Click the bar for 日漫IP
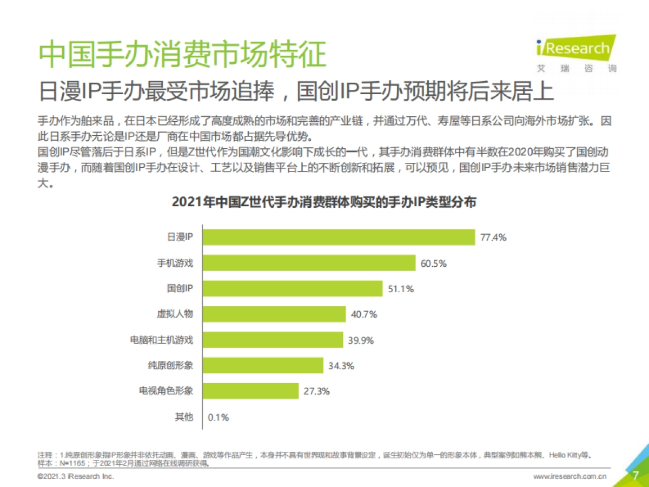click(339, 237)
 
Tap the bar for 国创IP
click(293, 288)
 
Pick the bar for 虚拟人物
click(274, 314)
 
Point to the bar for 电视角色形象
click(251, 391)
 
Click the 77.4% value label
click(493, 238)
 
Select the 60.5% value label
click(434, 264)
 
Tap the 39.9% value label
click(360, 340)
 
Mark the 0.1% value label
click(218, 417)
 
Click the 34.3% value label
click(341, 366)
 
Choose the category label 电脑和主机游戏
click(162, 340)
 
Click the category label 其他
click(183, 417)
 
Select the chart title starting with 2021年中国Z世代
click(324, 202)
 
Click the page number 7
click(635, 476)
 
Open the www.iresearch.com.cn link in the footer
click(569, 477)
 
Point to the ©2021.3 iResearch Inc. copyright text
click(76, 477)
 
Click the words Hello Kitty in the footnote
click(567, 454)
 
